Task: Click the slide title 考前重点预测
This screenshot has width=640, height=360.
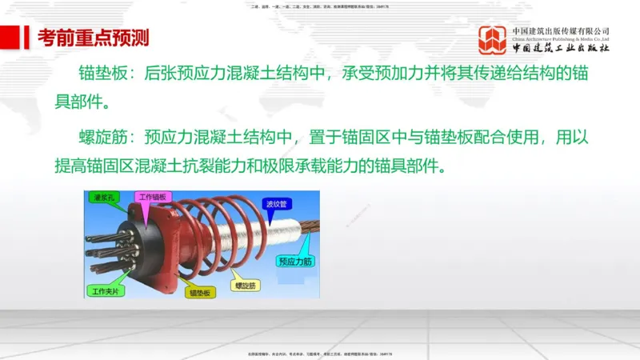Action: (x=87, y=37)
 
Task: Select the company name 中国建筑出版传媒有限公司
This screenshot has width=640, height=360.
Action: (x=561, y=31)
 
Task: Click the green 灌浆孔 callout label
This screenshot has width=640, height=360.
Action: (x=105, y=198)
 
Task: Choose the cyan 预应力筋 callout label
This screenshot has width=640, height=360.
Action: (x=294, y=261)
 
